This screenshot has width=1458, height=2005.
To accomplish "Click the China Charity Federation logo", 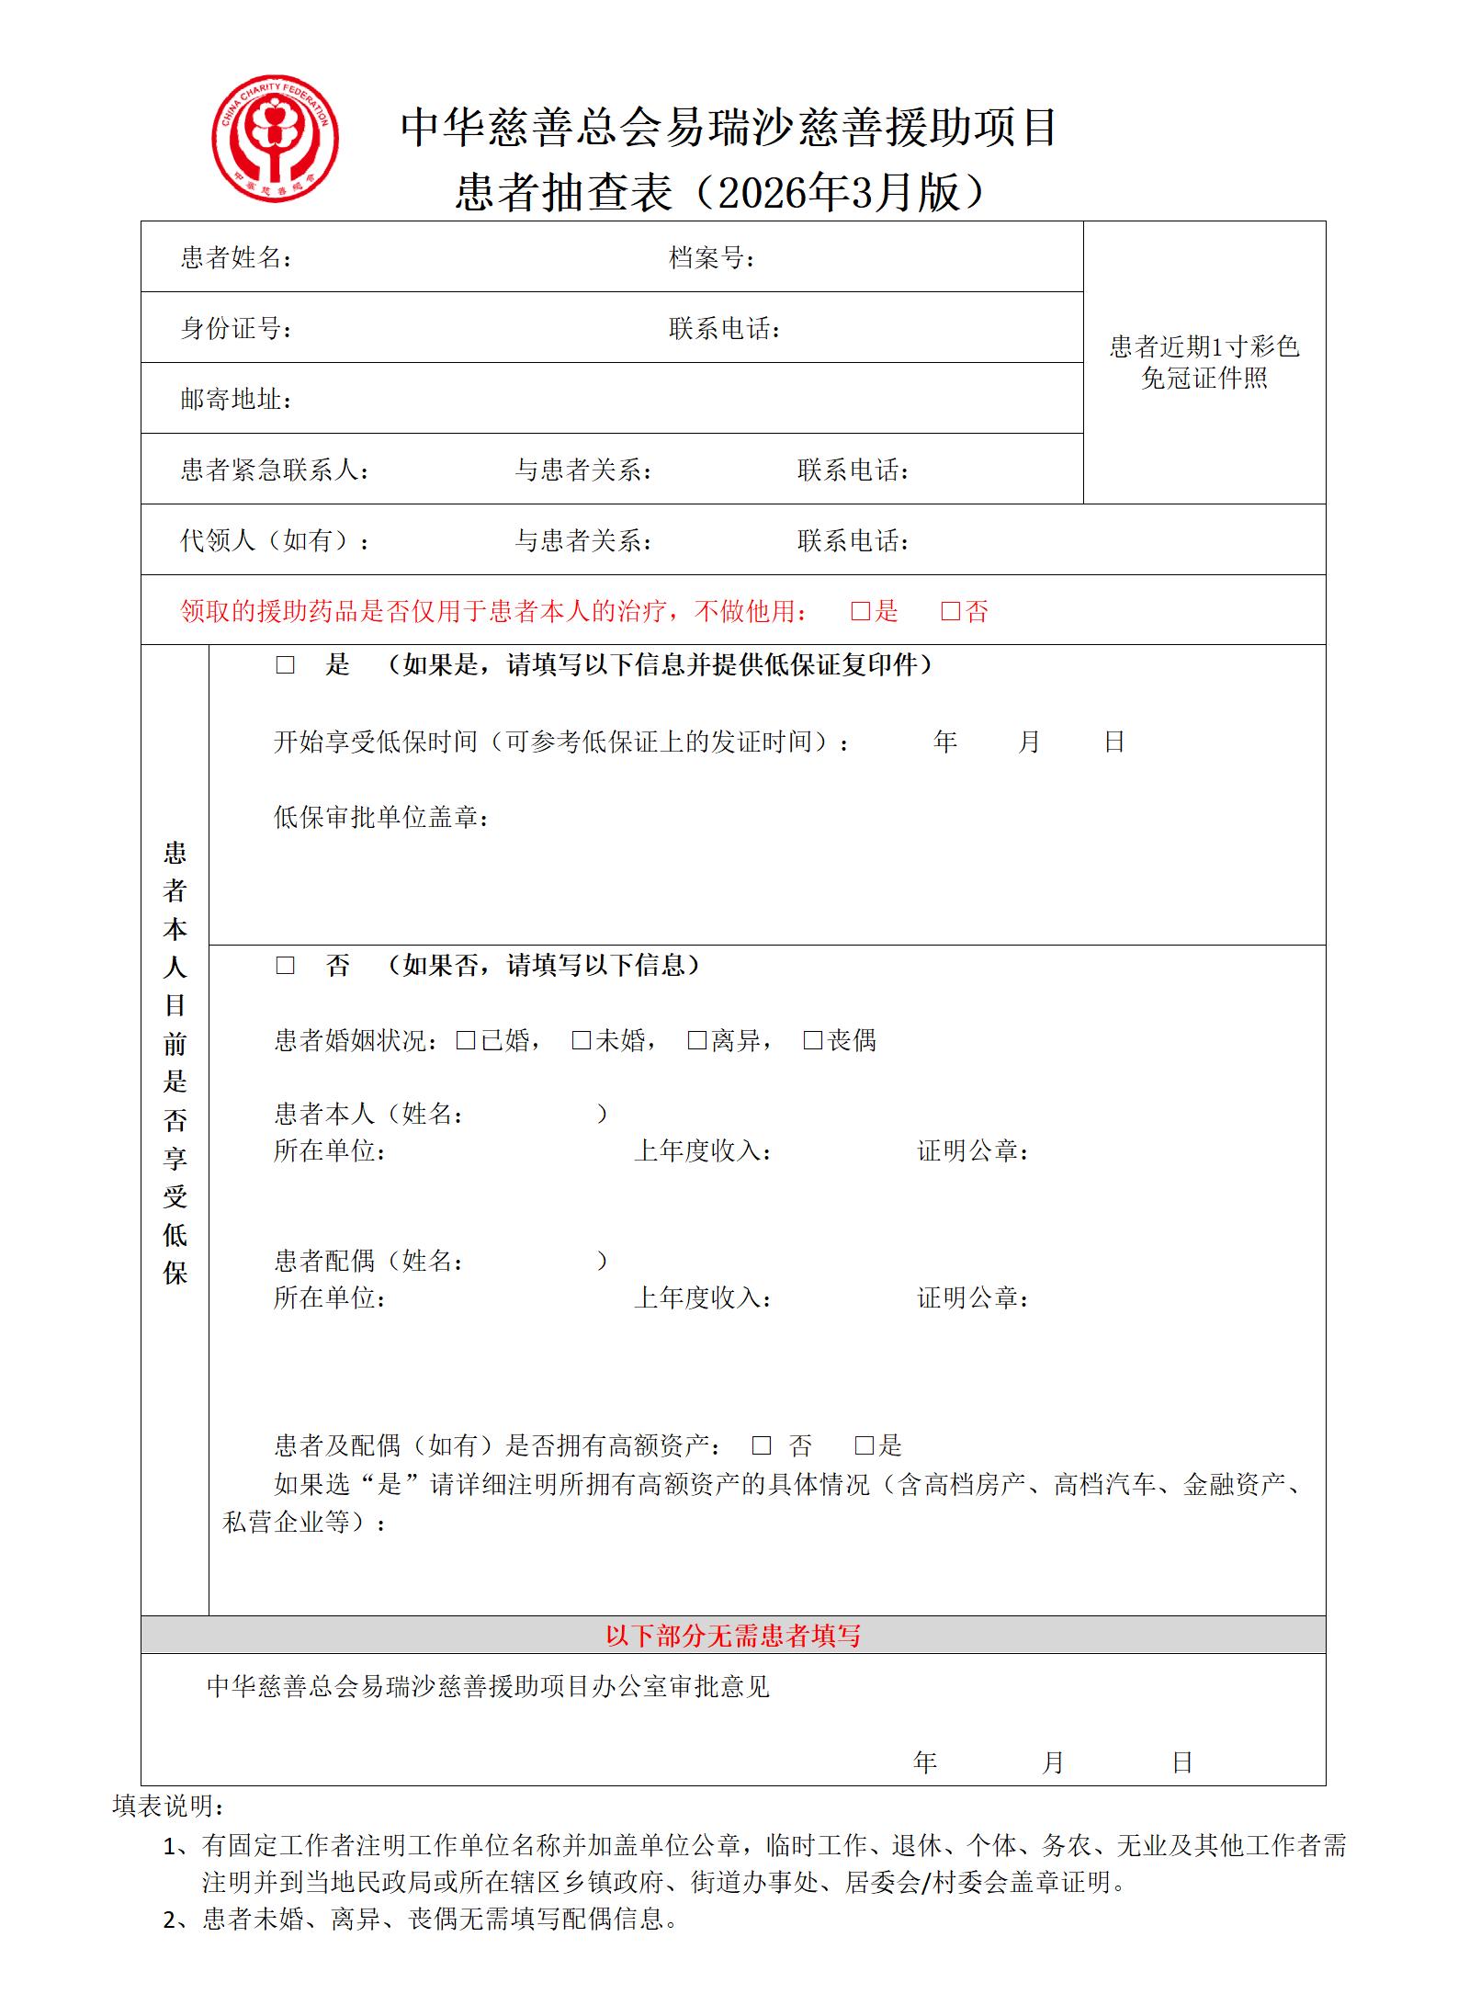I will [x=275, y=138].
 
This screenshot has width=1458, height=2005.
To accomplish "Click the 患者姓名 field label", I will [x=236, y=257].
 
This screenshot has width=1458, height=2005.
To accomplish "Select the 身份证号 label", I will [x=236, y=328].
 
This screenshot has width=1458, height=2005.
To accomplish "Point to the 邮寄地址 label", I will [x=236, y=399].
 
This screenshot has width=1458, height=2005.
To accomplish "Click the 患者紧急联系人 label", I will [x=275, y=470].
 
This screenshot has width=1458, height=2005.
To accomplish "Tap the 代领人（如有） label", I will [x=275, y=540].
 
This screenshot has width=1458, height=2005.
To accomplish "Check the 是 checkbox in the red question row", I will [x=861, y=611].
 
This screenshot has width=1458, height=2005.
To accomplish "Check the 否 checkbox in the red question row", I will [x=951, y=611].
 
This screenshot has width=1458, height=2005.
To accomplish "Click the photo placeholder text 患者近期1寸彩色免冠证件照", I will [x=1204, y=362].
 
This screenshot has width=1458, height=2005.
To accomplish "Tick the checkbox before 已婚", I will [x=466, y=1040].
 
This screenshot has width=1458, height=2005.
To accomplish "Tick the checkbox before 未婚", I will [x=582, y=1040].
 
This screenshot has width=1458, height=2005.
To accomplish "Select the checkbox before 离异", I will [x=697, y=1040].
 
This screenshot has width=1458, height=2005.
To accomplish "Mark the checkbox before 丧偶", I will [x=813, y=1040].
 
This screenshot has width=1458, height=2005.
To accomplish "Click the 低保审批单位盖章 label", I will [x=381, y=817].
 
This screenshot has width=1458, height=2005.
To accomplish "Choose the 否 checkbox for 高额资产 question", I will [x=762, y=1445].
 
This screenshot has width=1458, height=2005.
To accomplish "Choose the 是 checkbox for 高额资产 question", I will [x=865, y=1445].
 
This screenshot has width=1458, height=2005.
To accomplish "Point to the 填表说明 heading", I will [x=168, y=1806].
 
